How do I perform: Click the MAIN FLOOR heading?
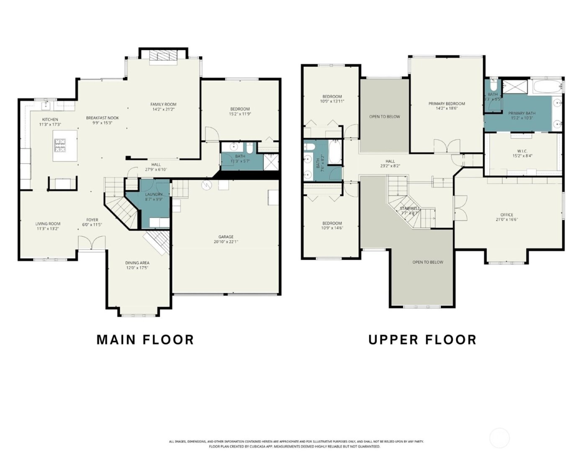145,340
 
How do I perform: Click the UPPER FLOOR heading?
422,340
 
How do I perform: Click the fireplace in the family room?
164,57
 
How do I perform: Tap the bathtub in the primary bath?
546,87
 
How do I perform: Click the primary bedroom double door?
447,147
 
